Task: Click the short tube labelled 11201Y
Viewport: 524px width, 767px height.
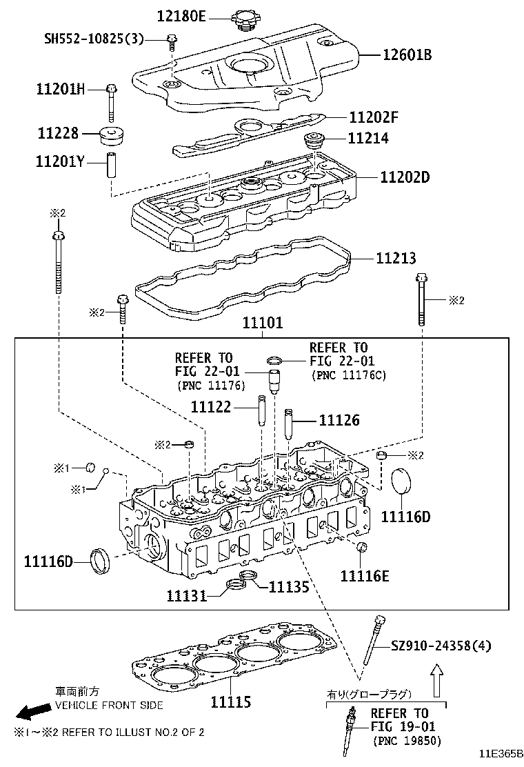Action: tap(111, 169)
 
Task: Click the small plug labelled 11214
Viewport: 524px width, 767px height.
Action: tap(314, 142)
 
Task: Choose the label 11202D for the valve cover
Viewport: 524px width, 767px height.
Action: tap(404, 177)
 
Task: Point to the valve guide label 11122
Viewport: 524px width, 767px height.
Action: tap(210, 406)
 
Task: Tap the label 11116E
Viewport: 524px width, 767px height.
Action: tap(365, 575)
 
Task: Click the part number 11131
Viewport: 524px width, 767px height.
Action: tap(186, 595)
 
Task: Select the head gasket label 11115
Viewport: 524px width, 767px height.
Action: tap(230, 702)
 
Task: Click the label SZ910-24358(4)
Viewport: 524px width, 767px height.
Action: tap(441, 646)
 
